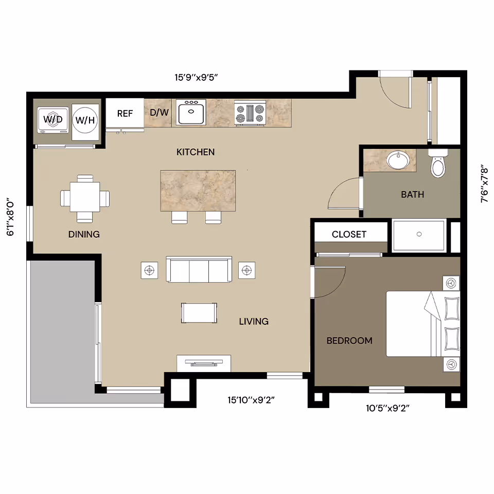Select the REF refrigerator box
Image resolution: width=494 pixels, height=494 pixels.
125,113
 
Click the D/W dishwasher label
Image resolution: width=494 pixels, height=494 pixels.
160,112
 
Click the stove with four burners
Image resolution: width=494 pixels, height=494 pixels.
250,113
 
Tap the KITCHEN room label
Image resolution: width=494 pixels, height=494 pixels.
196,152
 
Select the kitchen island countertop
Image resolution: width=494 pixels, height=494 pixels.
198,190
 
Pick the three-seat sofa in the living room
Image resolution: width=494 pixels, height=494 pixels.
199,270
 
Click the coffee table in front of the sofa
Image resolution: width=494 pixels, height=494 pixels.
199,313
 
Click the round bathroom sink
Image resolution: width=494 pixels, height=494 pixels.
397,160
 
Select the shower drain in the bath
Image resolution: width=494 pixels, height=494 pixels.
419,234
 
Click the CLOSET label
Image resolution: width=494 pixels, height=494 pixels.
349,235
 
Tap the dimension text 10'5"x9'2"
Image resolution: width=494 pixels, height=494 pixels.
387,409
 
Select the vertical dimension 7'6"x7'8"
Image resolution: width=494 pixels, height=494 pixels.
484,184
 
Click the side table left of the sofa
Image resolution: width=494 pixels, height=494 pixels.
150,270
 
